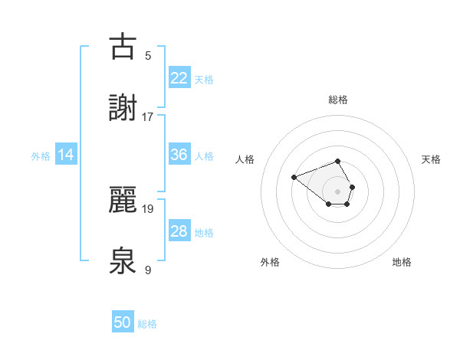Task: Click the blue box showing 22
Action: (x=179, y=78)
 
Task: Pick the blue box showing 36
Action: (x=179, y=155)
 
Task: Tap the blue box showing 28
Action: (x=179, y=231)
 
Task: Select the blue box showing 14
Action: (x=66, y=155)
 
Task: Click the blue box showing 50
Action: (x=123, y=323)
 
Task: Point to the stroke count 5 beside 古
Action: (x=148, y=55)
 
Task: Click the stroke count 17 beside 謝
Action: (x=148, y=116)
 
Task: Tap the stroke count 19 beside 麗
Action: (x=148, y=208)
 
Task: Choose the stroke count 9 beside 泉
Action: (x=148, y=270)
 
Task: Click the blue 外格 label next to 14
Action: (x=41, y=156)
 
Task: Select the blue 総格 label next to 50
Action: (x=147, y=325)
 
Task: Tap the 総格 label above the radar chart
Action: (x=338, y=100)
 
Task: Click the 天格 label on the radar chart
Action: (x=432, y=159)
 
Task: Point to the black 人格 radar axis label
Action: (x=245, y=159)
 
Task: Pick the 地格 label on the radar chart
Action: (x=402, y=262)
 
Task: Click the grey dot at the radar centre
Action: (x=338, y=191)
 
